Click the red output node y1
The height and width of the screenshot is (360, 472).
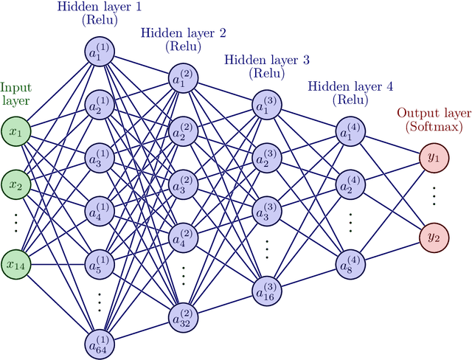[432, 158]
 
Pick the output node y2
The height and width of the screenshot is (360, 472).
[432, 237]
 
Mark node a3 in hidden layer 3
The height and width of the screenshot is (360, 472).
[266, 211]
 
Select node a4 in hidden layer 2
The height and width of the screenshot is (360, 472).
[184, 237]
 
